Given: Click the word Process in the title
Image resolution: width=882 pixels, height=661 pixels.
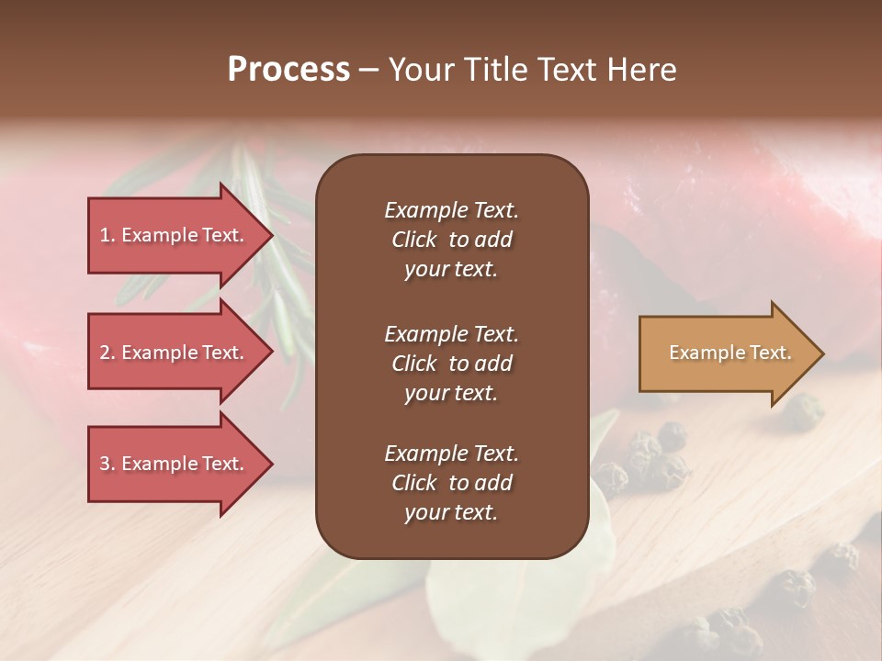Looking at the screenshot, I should [288, 70].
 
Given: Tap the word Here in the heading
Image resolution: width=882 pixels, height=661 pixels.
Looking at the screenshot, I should [642, 70].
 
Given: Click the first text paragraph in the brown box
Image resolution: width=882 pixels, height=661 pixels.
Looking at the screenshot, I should [451, 240].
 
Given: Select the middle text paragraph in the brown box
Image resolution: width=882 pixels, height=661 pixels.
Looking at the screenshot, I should [451, 364].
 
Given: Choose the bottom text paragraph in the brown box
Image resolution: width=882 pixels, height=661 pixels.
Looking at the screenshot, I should [451, 483].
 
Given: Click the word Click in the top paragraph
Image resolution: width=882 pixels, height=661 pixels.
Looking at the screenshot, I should [414, 240].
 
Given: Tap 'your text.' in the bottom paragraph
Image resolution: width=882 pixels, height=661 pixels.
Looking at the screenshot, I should [451, 512].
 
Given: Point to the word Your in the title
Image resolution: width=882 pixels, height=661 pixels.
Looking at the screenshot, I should [421, 70].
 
